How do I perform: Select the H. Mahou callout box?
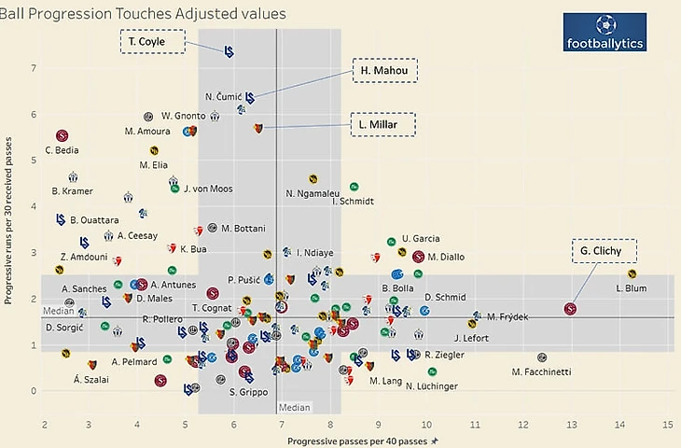pos(383,71)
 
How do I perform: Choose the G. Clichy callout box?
pos(603,251)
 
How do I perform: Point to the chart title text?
pos(144,13)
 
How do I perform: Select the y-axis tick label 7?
pos(34,68)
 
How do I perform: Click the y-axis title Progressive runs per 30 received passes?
pos(10,219)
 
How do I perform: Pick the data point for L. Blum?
pos(632,273)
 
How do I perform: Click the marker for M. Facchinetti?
pos(542,357)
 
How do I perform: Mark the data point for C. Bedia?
pos(62,135)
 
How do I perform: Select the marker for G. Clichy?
pos(571,309)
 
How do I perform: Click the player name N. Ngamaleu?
pos(313,193)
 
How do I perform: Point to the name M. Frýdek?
pos(507,316)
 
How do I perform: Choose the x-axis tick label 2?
pos(45,425)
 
